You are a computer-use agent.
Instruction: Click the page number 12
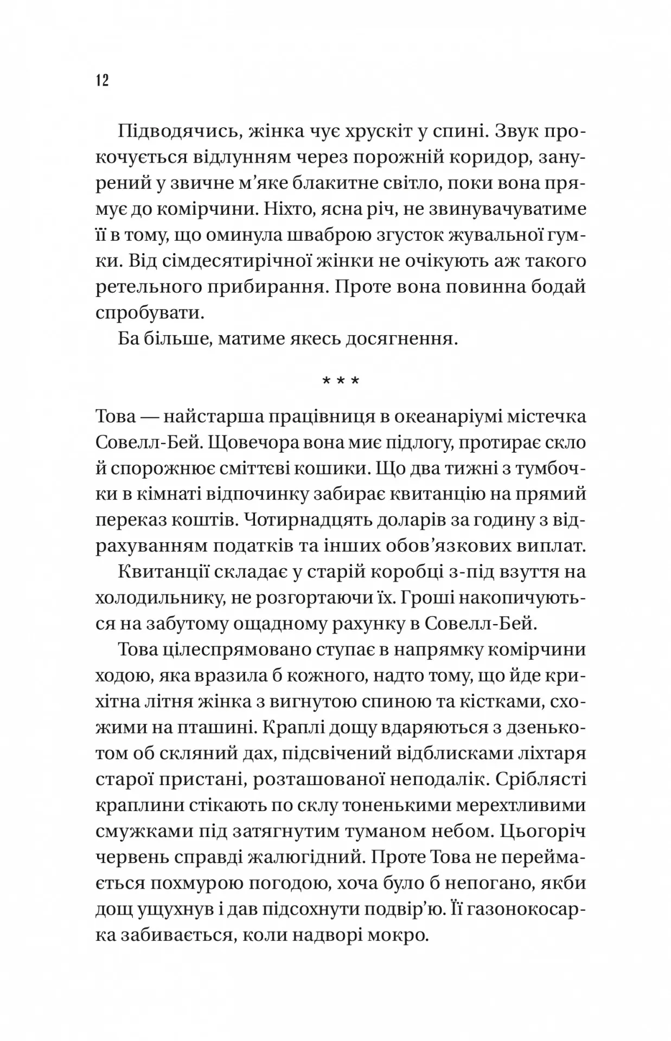point(103,80)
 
